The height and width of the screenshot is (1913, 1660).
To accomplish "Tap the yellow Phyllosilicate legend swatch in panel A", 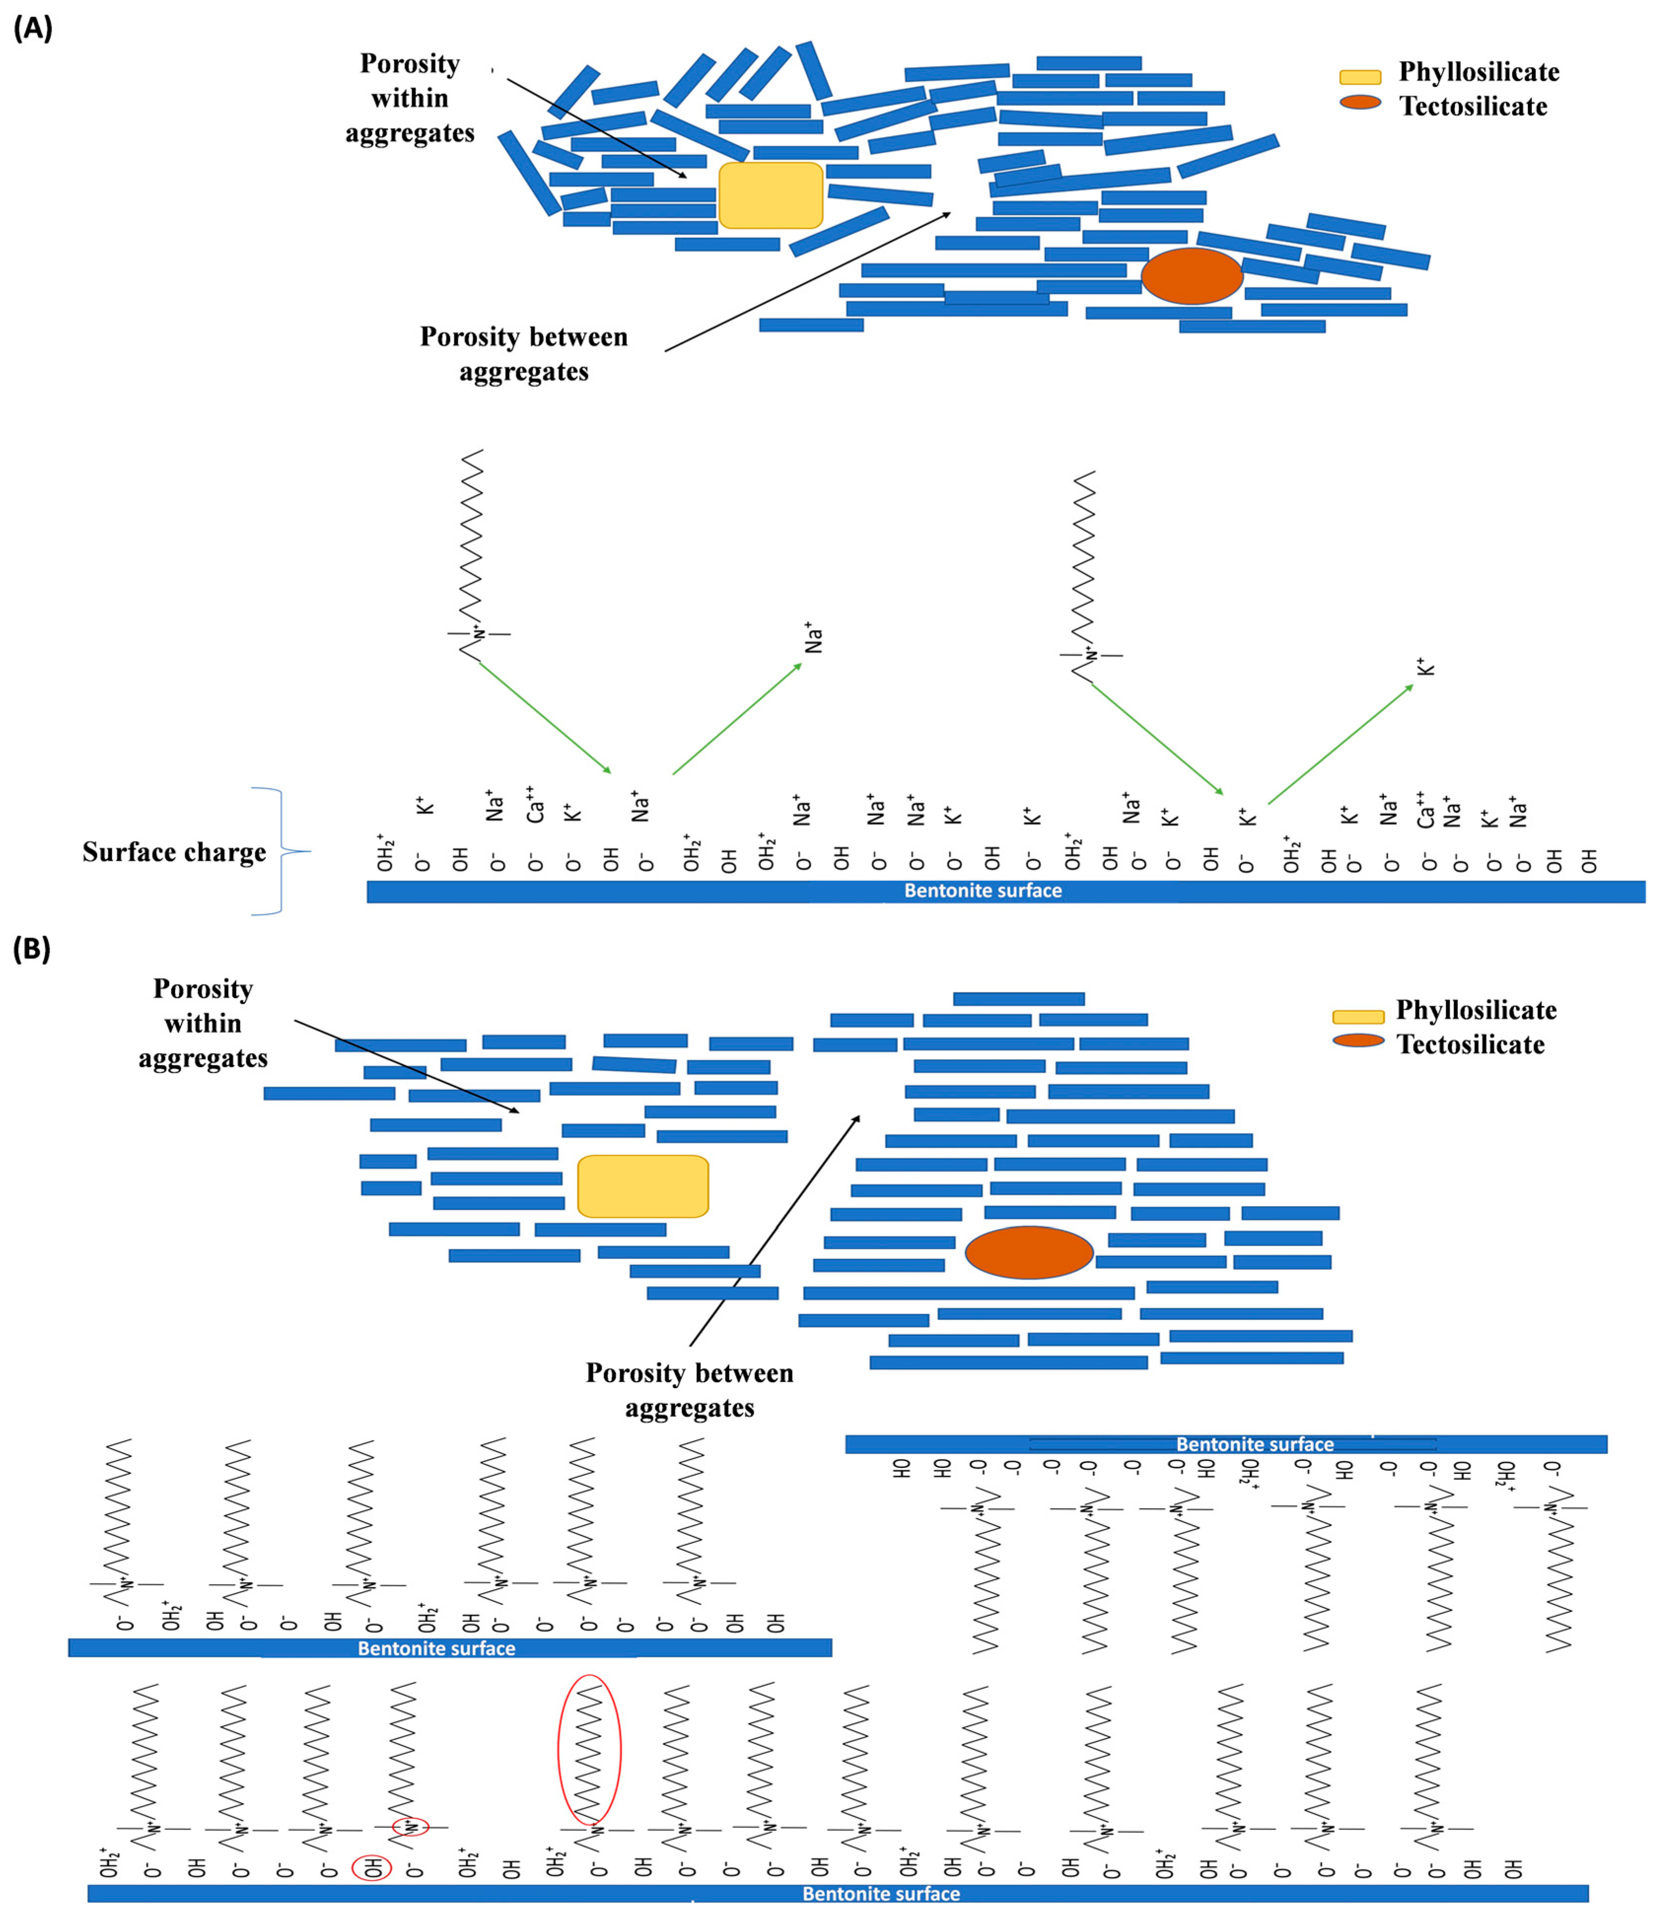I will pos(1360,76).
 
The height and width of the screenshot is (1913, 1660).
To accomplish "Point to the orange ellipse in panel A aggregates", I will pos(1191,275).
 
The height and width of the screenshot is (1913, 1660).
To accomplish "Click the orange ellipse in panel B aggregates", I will pos(1029,1252).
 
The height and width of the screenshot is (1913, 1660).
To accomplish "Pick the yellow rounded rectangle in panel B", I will pos(643,1186).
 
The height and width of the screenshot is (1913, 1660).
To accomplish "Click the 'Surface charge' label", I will pos(174,851).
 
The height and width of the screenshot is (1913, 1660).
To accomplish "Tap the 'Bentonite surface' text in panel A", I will pos(983,891).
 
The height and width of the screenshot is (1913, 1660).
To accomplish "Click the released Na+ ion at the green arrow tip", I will pos(813,637).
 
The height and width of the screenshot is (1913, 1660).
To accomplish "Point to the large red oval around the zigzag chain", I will pos(589,1749).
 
